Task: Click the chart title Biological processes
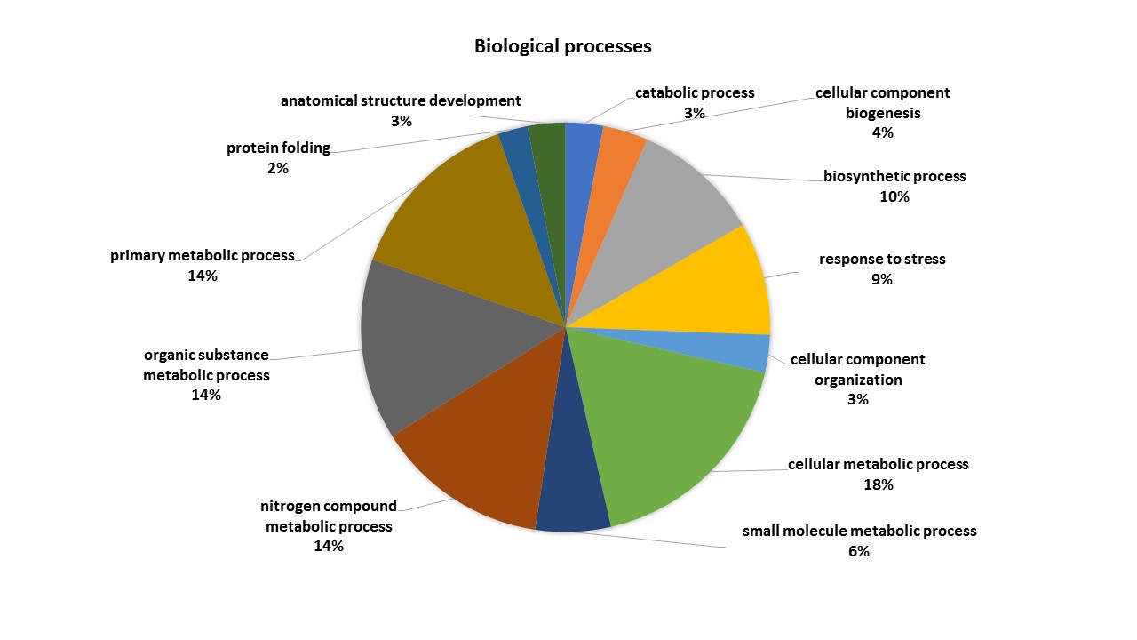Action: click(x=562, y=46)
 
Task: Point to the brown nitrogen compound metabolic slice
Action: click(x=480, y=453)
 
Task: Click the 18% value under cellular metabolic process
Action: click(x=878, y=484)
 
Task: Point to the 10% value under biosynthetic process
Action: click(x=894, y=196)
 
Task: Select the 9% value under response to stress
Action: click(x=881, y=279)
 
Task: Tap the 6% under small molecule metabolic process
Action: click(x=859, y=551)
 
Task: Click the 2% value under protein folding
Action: click(x=277, y=168)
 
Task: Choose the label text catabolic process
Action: click(x=695, y=92)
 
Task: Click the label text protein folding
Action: click(x=278, y=148)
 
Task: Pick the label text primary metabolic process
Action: click(x=203, y=255)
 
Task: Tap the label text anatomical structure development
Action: click(x=401, y=100)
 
